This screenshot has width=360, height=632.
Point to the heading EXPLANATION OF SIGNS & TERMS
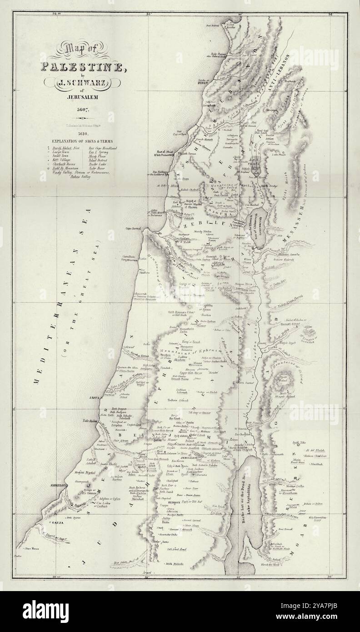83,140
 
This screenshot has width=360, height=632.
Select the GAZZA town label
60,523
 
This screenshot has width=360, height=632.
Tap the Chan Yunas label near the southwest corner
32,548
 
